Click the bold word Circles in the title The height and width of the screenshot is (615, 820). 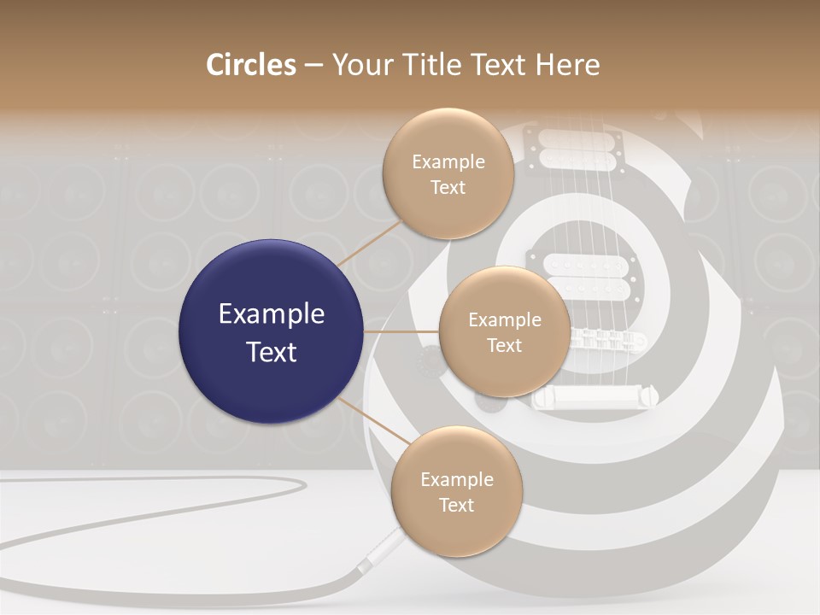pos(250,65)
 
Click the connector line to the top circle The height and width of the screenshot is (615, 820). pos(369,242)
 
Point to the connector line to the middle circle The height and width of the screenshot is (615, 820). pos(401,331)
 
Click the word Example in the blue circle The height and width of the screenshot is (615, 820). pos(272,314)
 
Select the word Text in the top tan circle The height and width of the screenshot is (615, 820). pos(448,187)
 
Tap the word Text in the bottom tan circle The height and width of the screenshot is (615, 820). pos(456,505)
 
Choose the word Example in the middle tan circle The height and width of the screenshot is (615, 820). pos(505,320)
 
